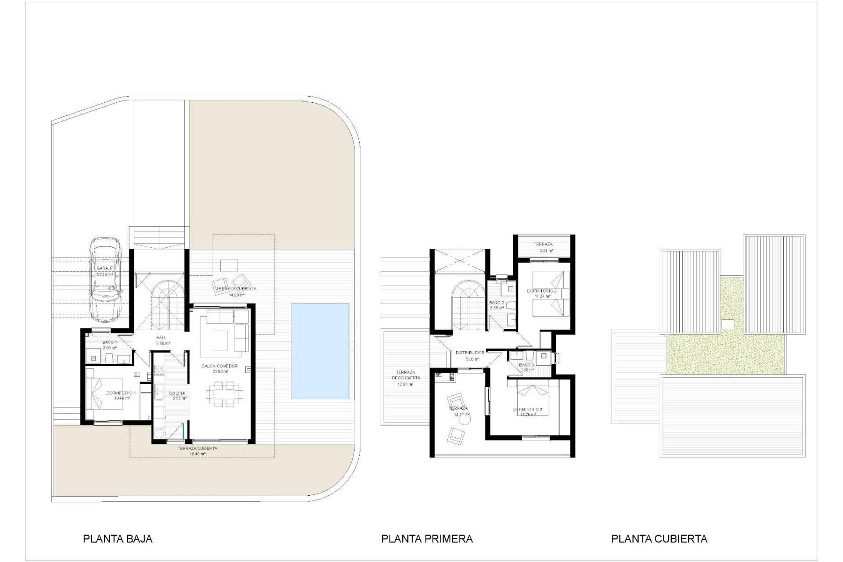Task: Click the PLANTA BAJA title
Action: (x=118, y=539)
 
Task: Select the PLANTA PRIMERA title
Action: (x=427, y=539)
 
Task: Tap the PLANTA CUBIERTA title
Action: (x=659, y=539)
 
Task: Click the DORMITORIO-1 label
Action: (x=121, y=393)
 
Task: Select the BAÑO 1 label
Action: (x=109, y=342)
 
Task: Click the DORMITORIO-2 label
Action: (x=542, y=291)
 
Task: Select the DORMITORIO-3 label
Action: (x=527, y=410)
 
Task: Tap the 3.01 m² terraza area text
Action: (x=543, y=251)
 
